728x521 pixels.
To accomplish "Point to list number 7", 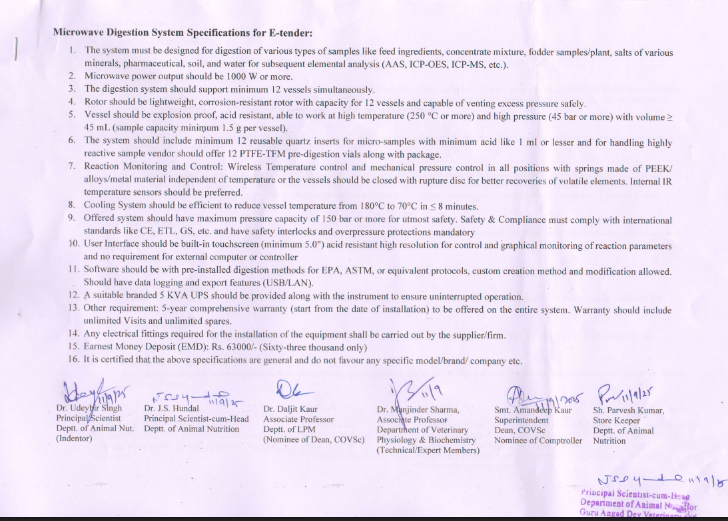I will [x=71, y=166].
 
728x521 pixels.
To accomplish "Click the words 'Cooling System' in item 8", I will [x=114, y=206].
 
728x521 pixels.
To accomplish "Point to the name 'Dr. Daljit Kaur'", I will [x=290, y=409].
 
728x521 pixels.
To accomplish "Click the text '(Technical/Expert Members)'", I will [x=428, y=450].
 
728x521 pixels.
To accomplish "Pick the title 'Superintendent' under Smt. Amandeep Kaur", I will [x=522, y=420].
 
